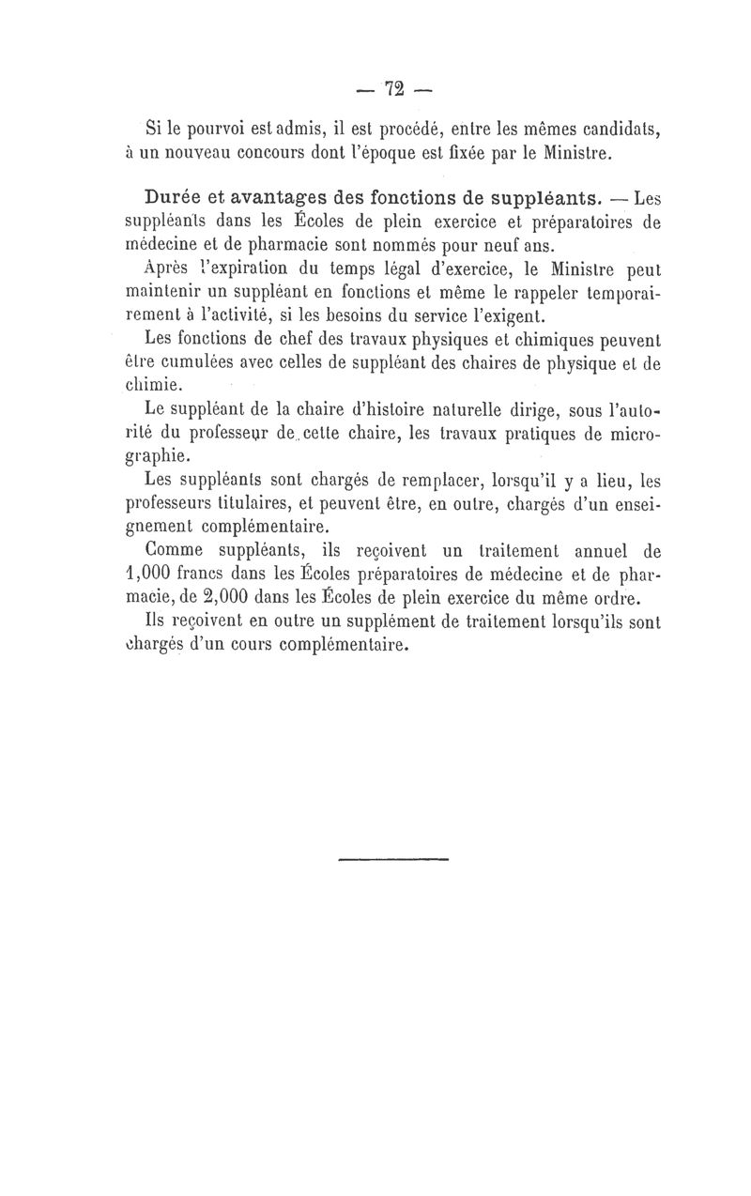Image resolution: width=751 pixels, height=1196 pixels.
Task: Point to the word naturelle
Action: coord(430,410)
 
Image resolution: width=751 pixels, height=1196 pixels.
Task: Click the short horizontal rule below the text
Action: coord(393,858)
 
